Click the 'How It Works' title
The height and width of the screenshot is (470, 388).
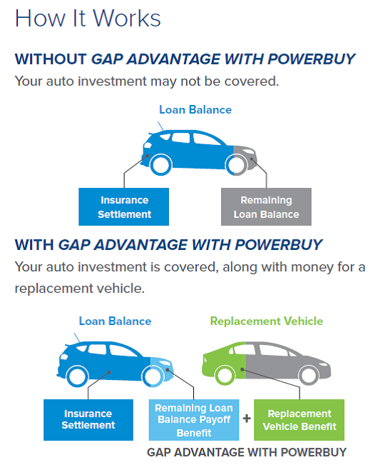pos(88,18)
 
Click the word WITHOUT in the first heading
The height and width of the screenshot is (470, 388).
pos(51,59)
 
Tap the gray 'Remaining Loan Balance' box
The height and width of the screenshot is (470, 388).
pos(266,207)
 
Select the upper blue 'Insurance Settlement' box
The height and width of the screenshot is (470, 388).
pos(123,207)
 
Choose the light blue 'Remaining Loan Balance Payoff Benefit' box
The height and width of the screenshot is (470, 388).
pos(194,420)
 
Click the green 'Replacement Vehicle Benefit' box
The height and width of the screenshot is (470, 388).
pos(299,420)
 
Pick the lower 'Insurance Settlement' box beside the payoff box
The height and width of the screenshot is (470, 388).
pos(88,420)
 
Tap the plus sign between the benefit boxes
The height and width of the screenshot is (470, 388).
pos(247,418)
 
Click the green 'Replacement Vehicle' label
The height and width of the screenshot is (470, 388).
pos(267,321)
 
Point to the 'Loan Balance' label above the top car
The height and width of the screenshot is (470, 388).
pos(195,110)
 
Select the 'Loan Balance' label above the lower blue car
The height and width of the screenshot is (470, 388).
pos(115,321)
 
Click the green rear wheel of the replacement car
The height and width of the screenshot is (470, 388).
pos(225,383)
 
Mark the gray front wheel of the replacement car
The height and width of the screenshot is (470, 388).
pos(309,383)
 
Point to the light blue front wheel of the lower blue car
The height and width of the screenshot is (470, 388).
pos(153,384)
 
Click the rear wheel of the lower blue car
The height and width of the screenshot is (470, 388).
pos(77,384)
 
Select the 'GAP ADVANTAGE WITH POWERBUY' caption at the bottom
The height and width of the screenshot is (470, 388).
pos(247,452)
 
